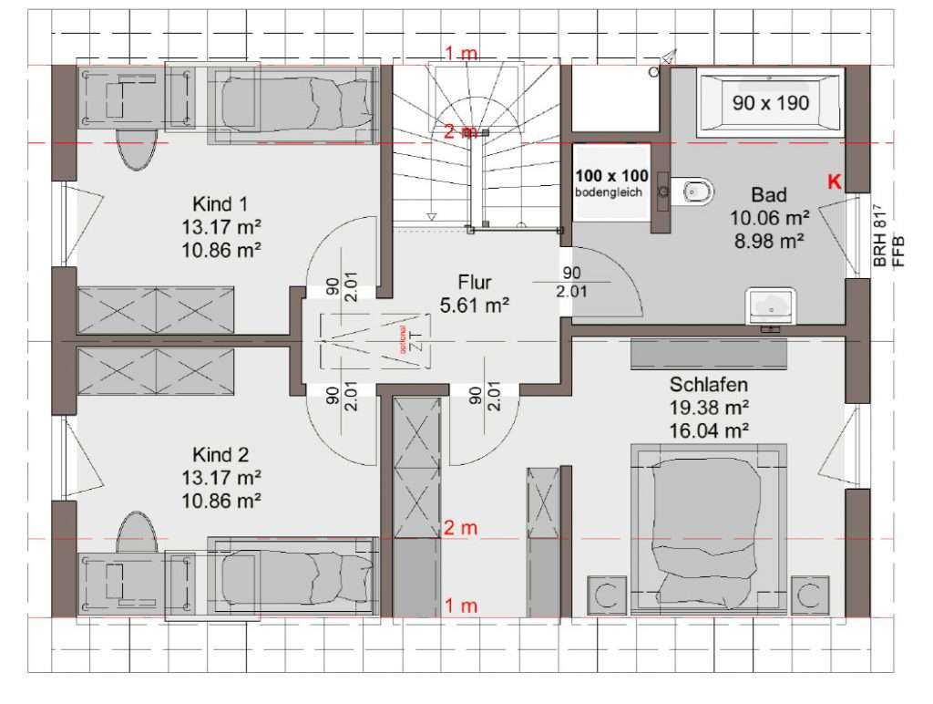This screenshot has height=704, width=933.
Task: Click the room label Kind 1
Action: pyautogui.click(x=220, y=202)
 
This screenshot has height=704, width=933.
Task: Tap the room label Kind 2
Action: pyautogui.click(x=220, y=454)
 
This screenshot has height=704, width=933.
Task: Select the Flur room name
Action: pyautogui.click(x=474, y=285)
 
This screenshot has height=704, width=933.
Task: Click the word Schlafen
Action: pyautogui.click(x=709, y=386)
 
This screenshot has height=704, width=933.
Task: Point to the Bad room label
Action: pyautogui.click(x=768, y=195)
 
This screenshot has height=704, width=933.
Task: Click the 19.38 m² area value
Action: pyautogui.click(x=709, y=408)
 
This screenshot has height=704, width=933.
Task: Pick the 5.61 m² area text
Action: pyautogui.click(x=474, y=305)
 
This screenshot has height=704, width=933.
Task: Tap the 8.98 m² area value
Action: pyautogui.click(x=768, y=241)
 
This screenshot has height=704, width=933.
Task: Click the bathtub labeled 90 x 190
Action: pyautogui.click(x=771, y=103)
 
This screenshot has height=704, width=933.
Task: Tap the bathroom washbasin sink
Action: pyautogui.click(x=771, y=305)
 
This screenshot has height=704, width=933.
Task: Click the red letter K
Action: pyautogui.click(x=833, y=181)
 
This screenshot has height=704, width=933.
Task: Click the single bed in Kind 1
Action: pyautogui.click(x=292, y=105)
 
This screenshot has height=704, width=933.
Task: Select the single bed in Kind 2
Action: pyautogui.click(x=292, y=576)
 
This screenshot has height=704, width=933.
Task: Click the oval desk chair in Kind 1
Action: pyautogui.click(x=137, y=150)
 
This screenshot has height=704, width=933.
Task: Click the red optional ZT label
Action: pyautogui.click(x=398, y=340)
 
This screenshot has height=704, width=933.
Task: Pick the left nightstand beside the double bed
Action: pyautogui.click(x=605, y=595)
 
